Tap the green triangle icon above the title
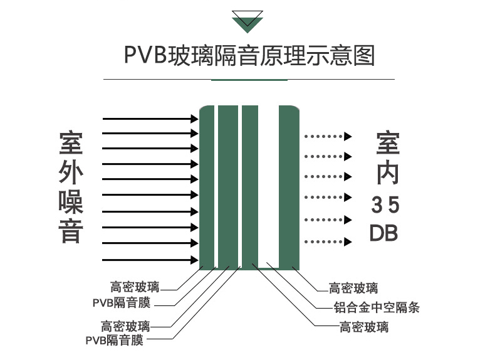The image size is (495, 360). point(247,23)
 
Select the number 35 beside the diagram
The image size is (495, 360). point(385,205)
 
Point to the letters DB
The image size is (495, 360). point(384,233)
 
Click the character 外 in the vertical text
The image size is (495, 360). point(71,173)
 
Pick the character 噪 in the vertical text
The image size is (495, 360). point(71,203)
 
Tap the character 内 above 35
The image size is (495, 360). point(387,172)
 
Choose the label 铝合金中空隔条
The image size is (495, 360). point(376,308)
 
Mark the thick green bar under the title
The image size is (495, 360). point(249,80)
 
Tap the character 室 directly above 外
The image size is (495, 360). point(71,144)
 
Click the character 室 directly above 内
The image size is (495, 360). point(387,144)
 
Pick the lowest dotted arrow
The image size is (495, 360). point(328,241)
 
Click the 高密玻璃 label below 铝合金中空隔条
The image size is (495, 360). point(363,327)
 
